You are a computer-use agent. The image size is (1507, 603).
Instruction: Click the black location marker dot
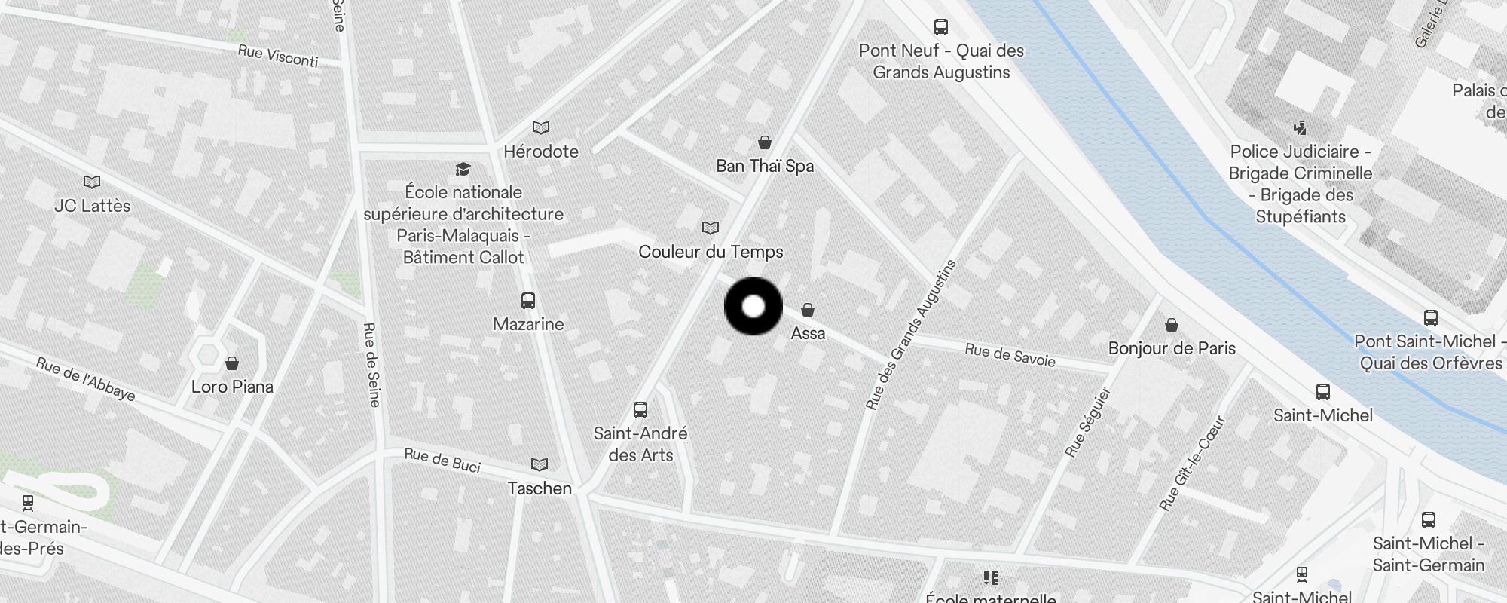(753, 306)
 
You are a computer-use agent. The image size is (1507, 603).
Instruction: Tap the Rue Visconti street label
(277, 56)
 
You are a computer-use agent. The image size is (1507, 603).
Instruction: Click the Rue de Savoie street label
(1010, 355)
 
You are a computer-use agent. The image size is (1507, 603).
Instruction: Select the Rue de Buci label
(442, 460)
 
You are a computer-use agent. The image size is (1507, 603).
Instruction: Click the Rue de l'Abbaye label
(86, 379)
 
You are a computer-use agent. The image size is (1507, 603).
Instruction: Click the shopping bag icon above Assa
(807, 310)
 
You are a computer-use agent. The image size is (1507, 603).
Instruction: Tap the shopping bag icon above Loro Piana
(232, 364)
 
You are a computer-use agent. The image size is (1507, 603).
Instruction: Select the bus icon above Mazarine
(528, 301)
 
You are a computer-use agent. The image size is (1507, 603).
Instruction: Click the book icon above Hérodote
(541, 128)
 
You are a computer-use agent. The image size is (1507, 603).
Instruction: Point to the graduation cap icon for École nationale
(463, 169)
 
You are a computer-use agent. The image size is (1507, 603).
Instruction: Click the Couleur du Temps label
(711, 252)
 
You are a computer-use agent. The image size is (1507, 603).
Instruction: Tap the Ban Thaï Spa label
(764, 166)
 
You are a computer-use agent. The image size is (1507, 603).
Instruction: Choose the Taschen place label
(540, 488)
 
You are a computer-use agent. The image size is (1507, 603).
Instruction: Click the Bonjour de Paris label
(1172, 348)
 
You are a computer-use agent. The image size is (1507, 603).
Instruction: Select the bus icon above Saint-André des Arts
(640, 410)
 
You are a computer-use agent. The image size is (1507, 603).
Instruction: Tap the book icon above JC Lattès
(92, 182)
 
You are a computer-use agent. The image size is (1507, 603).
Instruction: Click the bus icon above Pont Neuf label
(940, 27)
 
